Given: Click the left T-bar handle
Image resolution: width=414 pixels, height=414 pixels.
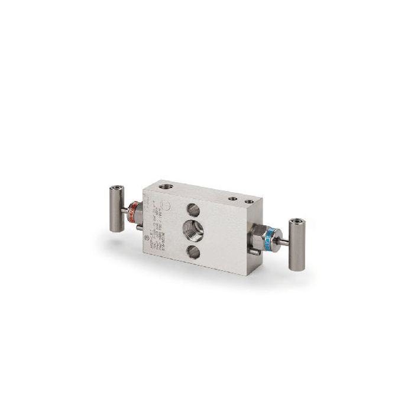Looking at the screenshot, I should (x=117, y=209).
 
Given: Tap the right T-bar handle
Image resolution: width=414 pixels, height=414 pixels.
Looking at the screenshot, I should (x=297, y=244).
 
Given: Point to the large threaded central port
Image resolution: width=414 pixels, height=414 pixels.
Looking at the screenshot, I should (x=193, y=230).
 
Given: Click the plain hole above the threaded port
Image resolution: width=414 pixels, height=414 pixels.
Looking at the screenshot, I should (x=193, y=209).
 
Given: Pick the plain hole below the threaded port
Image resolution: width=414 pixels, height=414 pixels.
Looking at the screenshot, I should (x=193, y=253).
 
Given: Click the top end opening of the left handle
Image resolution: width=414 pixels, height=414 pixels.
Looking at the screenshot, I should (x=116, y=189).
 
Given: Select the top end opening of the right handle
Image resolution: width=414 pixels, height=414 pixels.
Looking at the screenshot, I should (x=297, y=222).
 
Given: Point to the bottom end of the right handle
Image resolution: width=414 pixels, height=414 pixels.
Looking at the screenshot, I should (x=297, y=267).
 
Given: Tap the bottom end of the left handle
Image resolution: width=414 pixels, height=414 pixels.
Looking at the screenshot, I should (x=117, y=229).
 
